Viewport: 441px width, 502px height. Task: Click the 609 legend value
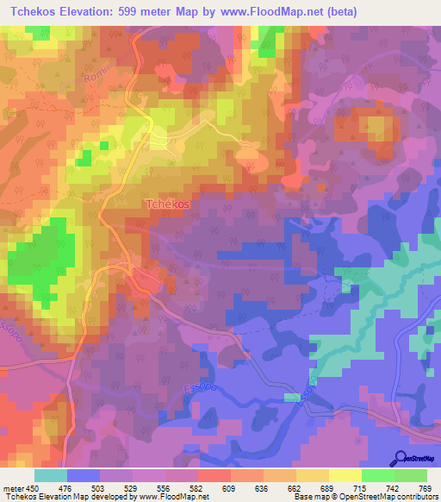pos(230,487)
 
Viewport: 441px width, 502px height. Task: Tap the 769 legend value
pos(426,487)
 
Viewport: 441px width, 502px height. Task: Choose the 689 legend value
pos(328,487)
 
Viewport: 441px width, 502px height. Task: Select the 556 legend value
pos(165,487)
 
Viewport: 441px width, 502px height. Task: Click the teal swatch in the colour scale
pos(50,475)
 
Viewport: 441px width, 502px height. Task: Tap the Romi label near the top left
pos(96,75)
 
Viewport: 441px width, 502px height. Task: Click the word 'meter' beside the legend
pos(12,487)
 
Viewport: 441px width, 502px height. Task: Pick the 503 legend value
pos(99,487)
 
